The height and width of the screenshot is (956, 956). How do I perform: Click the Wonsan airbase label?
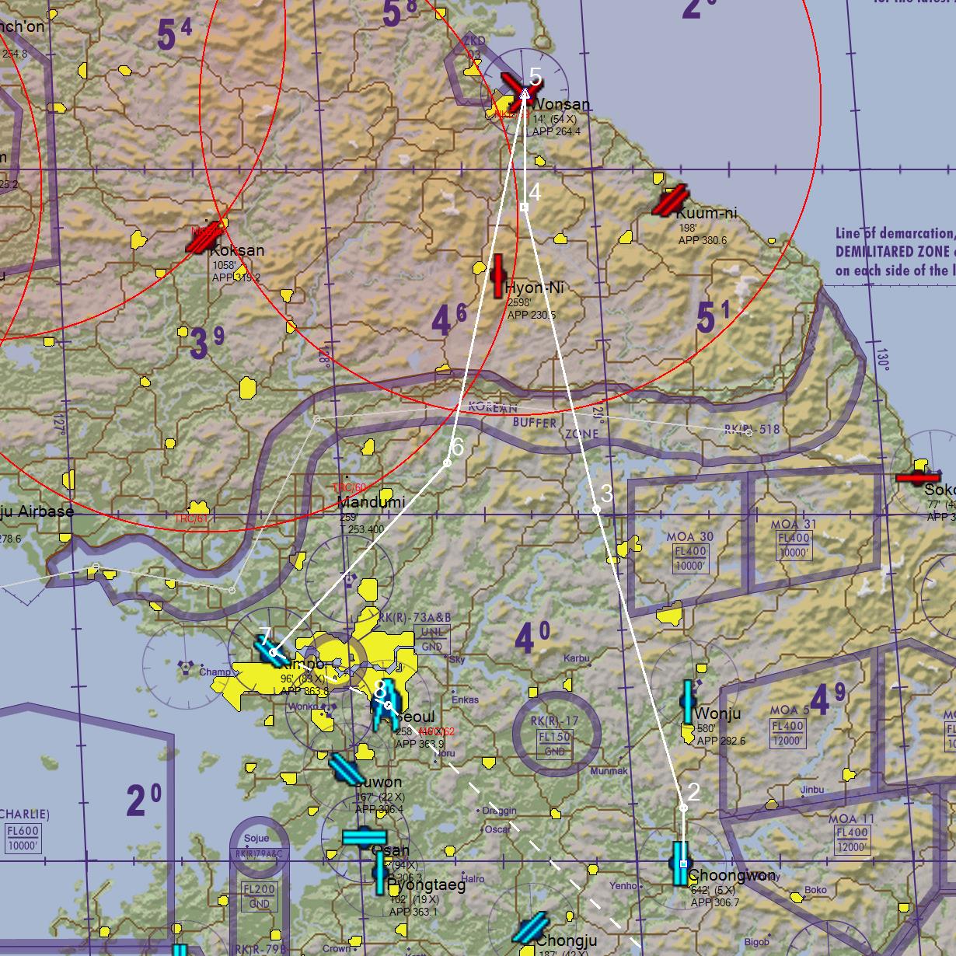[560, 104]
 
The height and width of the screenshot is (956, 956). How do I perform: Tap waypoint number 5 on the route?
[525, 92]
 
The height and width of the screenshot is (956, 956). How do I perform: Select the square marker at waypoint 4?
[524, 208]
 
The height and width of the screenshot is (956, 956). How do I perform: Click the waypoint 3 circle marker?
[596, 509]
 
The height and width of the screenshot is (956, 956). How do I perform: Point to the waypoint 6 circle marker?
[447, 463]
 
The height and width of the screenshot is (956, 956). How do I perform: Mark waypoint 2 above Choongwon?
[683, 808]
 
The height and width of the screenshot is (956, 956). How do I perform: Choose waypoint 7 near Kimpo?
[273, 652]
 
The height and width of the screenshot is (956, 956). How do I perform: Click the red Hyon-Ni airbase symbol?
[498, 276]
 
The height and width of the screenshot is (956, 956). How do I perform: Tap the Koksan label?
[237, 250]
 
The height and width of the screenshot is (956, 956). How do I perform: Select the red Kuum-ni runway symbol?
[670, 201]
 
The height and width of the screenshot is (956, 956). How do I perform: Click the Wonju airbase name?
[718, 714]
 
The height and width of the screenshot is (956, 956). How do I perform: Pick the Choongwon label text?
[731, 876]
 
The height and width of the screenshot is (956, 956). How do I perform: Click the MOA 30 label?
[689, 537]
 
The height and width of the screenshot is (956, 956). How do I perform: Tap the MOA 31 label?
[794, 525]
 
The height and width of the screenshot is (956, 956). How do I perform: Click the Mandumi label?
[371, 502]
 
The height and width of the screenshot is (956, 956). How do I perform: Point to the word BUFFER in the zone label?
[534, 422]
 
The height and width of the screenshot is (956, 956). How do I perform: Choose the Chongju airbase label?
[567, 941]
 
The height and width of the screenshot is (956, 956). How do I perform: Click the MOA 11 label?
[851, 819]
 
